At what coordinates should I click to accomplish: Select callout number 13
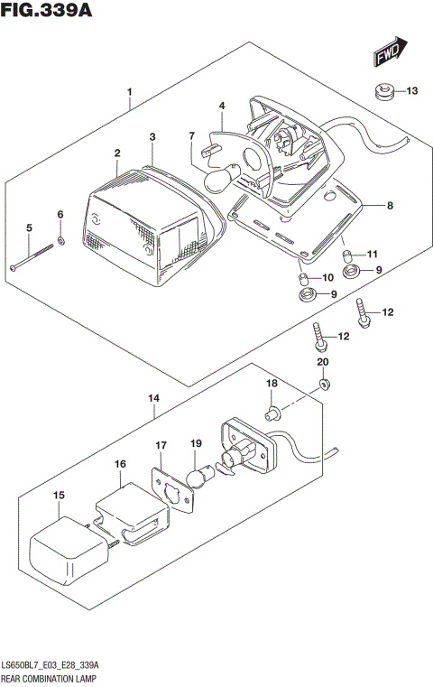coord(411,91)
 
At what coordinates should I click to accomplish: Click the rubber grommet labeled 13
coord(382,90)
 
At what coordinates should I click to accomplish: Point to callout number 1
coord(130,92)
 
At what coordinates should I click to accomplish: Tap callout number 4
coord(221,107)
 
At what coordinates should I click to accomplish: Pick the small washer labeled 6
coord(60,241)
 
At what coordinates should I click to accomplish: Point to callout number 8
coord(390,206)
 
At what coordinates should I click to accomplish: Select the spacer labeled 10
coord(304,276)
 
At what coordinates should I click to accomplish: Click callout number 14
coord(154,397)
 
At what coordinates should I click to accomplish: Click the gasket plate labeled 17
coord(171,487)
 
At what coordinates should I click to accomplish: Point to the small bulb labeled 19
coord(198,475)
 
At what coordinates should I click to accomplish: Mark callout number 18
coord(269,384)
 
